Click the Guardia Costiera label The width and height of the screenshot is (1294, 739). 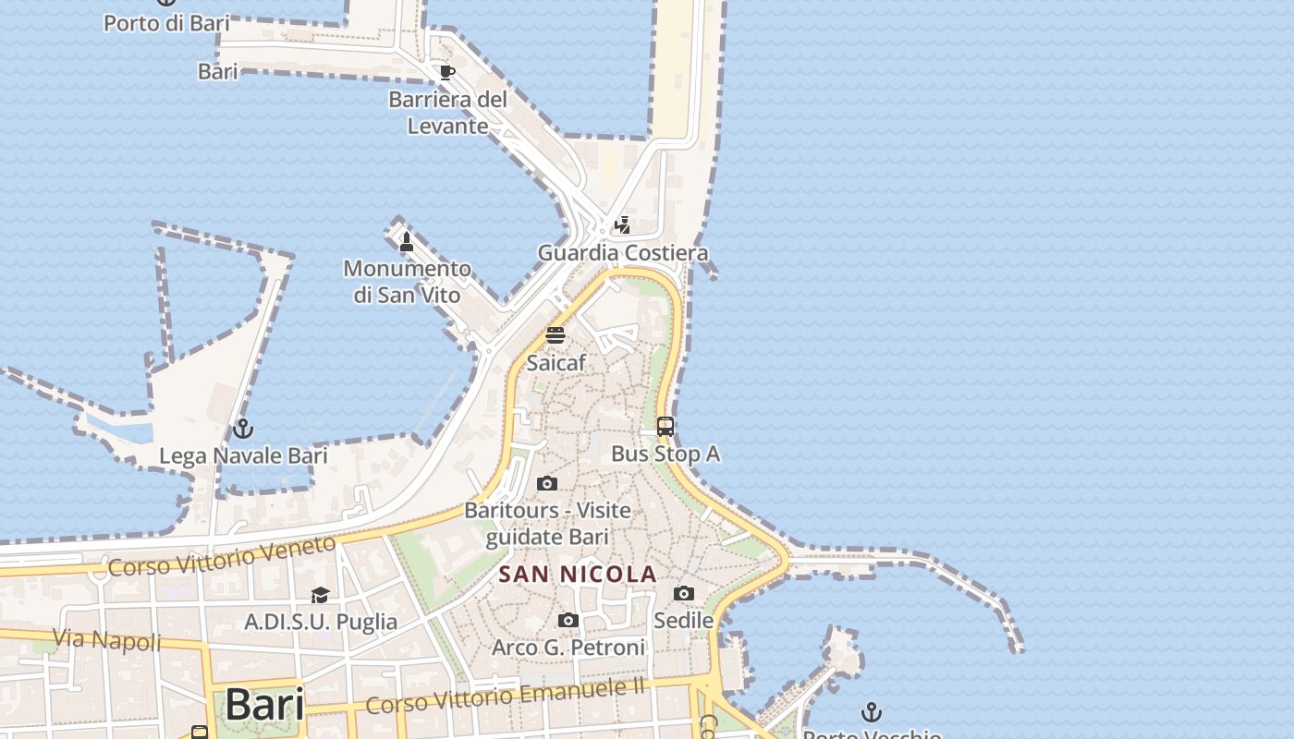[623, 252]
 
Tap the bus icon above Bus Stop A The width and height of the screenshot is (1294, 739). [665, 427]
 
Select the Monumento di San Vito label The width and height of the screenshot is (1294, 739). [407, 282]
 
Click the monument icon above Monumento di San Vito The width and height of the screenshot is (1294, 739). [406, 242]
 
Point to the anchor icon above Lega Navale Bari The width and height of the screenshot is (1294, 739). [243, 429]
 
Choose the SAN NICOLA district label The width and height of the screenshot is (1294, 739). [578, 574]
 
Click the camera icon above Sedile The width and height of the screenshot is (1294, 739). [684, 593]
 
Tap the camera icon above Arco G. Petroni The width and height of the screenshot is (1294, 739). [568, 620]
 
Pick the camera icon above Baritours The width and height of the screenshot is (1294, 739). [547, 483]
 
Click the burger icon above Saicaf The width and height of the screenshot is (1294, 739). [555, 334]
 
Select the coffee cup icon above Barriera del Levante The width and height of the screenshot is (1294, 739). [447, 72]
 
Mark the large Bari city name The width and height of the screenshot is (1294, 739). [264, 705]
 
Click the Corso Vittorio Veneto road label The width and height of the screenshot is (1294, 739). [222, 555]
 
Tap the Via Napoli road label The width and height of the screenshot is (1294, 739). [107, 639]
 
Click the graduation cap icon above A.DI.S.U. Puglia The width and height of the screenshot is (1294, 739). [321, 595]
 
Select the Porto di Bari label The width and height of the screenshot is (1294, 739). [166, 23]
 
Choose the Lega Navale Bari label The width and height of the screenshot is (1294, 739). [243, 455]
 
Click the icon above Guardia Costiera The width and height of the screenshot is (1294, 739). [623, 224]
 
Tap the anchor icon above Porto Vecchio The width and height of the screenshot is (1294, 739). [871, 712]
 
